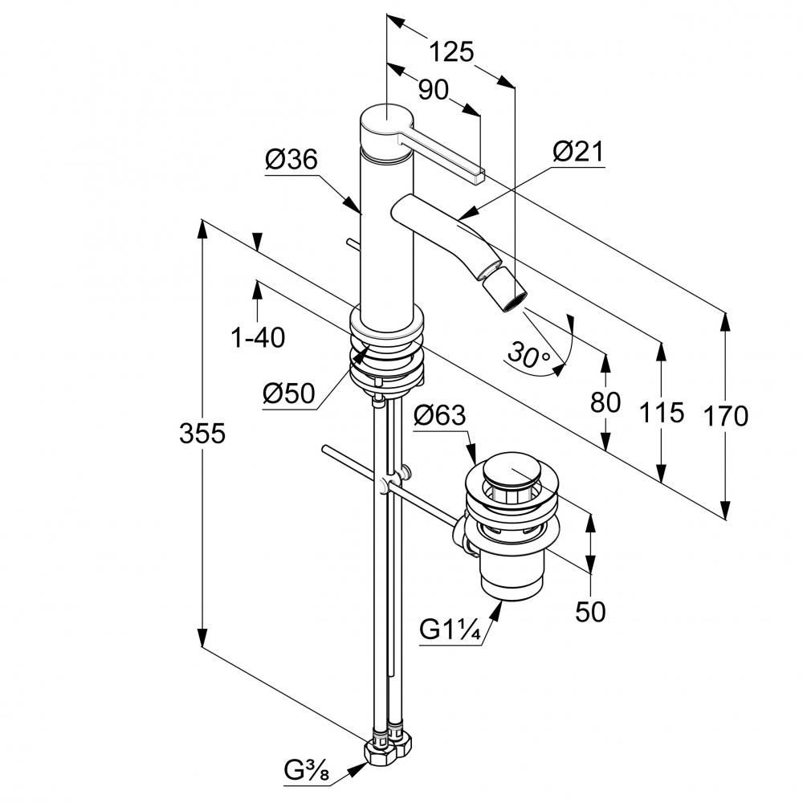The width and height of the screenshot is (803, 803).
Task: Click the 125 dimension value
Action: (x=450, y=52)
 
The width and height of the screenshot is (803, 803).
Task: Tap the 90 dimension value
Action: (x=434, y=90)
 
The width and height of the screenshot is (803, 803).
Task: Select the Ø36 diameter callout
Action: (x=291, y=160)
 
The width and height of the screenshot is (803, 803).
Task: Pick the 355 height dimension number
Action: (x=202, y=434)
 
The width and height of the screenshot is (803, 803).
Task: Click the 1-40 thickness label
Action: (x=258, y=338)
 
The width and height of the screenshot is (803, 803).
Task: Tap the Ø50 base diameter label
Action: (x=288, y=394)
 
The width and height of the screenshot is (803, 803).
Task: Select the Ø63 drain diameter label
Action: (x=439, y=416)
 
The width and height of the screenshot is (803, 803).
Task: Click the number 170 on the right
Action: (x=725, y=416)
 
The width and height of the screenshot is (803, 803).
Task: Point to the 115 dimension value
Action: (x=662, y=413)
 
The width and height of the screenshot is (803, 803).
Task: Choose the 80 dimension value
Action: (x=605, y=401)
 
